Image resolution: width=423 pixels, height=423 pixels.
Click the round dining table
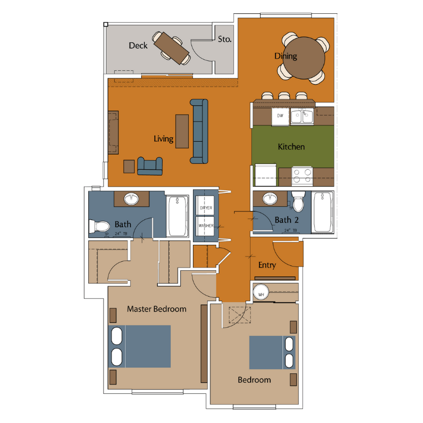click(x=304, y=57)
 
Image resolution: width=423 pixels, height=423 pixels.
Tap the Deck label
click(x=138, y=45)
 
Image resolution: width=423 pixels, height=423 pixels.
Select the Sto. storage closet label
click(x=225, y=39)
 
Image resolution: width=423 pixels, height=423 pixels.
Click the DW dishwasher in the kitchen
click(x=280, y=116)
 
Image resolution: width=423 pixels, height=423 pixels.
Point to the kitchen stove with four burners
click(x=301, y=175)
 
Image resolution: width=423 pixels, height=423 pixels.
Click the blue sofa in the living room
click(x=199, y=131)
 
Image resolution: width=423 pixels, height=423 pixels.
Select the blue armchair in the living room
click(x=150, y=165)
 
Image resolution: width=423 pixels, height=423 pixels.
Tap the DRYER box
click(x=206, y=208)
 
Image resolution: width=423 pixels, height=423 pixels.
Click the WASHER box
click(x=206, y=226)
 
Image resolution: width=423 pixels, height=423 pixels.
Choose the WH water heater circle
click(x=261, y=292)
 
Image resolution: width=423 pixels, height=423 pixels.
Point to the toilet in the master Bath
click(x=99, y=226)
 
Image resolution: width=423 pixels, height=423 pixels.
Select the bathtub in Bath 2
click(x=322, y=212)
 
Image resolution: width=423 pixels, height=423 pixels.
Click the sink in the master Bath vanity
click(x=132, y=199)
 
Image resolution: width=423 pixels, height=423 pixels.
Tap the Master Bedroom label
click(x=157, y=309)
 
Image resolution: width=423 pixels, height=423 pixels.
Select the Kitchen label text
click(x=291, y=146)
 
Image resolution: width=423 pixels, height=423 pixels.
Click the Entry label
click(x=267, y=265)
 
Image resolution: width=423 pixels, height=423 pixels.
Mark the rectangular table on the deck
click(x=171, y=47)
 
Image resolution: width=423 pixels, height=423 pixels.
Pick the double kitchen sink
click(x=301, y=116)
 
